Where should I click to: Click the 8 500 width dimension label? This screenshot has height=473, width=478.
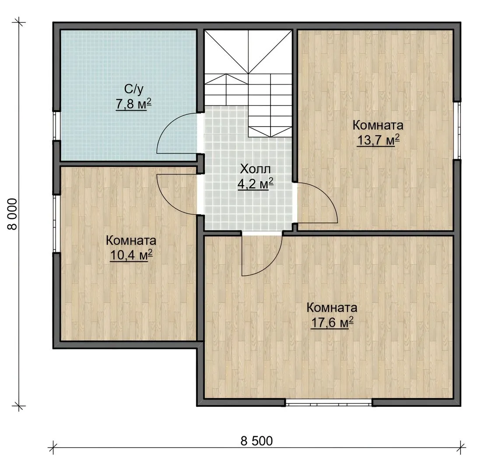[257, 441]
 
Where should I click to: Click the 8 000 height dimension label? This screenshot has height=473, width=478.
[13, 214]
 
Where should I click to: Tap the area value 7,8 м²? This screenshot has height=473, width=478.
[134, 104]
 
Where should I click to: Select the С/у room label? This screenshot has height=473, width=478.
[134, 89]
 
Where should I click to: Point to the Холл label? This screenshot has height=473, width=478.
[255, 169]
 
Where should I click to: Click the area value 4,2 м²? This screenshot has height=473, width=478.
[255, 184]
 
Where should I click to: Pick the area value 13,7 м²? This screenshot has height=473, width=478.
[378, 140]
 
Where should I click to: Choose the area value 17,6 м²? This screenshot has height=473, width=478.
[332, 322]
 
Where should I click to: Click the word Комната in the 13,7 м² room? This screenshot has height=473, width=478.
[378, 125]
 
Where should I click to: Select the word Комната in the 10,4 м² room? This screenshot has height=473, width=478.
[131, 240]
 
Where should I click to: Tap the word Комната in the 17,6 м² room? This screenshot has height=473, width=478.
[332, 307]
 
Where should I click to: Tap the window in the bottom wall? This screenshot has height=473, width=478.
[329, 403]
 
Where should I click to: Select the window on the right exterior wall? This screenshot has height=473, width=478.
[457, 131]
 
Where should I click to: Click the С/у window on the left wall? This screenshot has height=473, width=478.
[57, 126]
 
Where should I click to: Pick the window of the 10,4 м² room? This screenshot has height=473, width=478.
[57, 224]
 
